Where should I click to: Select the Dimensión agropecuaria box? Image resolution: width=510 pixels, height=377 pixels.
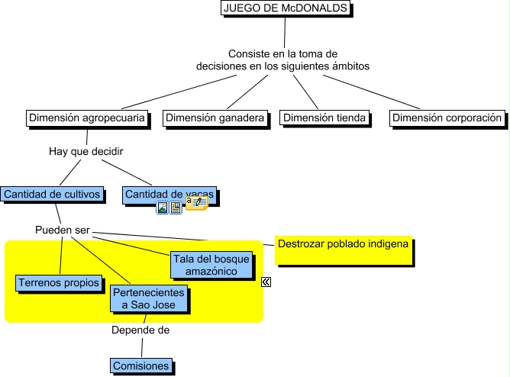[x=86, y=118]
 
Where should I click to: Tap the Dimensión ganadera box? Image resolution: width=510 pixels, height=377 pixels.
[x=215, y=118]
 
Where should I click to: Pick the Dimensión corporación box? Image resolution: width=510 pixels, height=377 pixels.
[x=447, y=118]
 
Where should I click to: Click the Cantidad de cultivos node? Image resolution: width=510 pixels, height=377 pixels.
[x=52, y=195]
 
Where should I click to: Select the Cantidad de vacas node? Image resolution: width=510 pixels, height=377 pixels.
[x=169, y=195]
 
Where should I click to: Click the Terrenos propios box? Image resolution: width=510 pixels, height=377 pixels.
[x=59, y=283]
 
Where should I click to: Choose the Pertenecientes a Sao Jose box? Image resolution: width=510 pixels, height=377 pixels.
[x=148, y=298]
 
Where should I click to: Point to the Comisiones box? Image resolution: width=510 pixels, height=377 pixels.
[x=140, y=366]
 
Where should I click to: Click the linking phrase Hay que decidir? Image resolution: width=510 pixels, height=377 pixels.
[x=86, y=151]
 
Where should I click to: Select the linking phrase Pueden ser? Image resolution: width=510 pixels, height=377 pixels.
[x=63, y=230]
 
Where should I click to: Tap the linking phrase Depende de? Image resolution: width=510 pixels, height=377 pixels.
[x=140, y=330]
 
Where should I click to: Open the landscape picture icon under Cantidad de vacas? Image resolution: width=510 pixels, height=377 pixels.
[x=163, y=208]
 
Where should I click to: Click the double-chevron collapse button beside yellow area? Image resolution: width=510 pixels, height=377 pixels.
[x=266, y=282]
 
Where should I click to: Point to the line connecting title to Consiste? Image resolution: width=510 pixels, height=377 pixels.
[x=285, y=32]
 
